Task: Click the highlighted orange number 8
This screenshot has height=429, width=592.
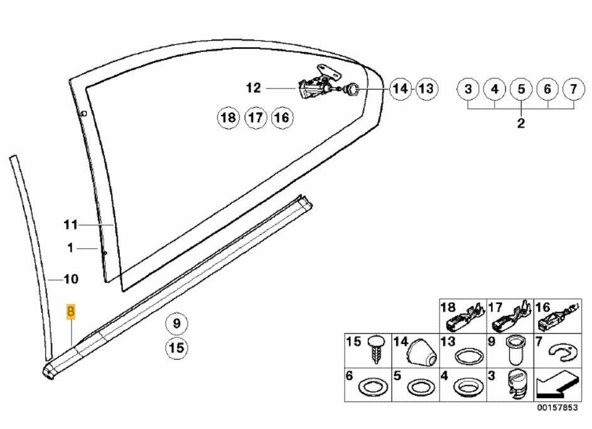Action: coord(70,312)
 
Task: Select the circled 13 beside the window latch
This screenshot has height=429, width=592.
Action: coord(427,89)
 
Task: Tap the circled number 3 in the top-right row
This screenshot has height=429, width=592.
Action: coord(468,89)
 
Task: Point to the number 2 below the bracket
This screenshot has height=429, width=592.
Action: coord(521,123)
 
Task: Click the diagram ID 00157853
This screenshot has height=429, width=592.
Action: coord(558,408)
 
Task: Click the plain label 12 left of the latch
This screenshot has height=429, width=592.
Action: coord(254,88)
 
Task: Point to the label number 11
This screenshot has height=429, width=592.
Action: coord(70,225)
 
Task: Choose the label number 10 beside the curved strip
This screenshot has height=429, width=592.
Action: coord(71,280)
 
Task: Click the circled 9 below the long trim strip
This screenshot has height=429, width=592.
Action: coord(176,323)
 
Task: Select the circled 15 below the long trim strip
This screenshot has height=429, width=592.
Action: coord(176,347)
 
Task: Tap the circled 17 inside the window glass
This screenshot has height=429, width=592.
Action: coord(256,118)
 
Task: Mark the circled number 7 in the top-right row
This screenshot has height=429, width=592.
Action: coord(574,89)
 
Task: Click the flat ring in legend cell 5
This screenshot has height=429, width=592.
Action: coord(421,388)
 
